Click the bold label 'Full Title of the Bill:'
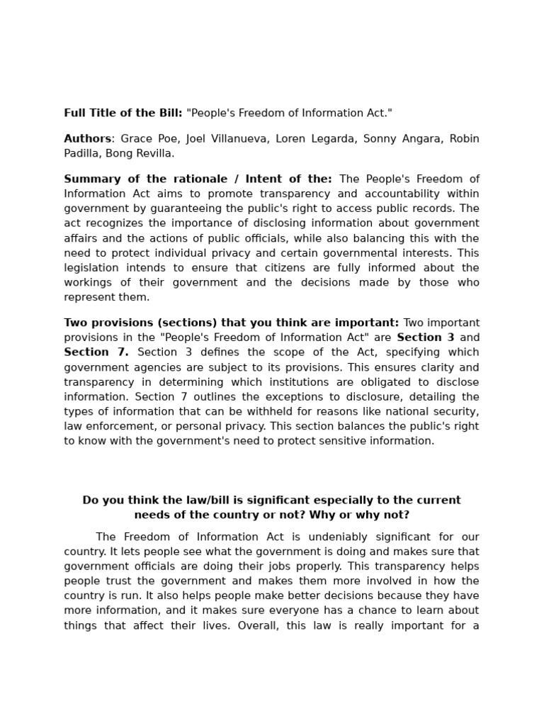123,113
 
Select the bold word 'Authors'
87,139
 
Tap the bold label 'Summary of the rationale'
144,179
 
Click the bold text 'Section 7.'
96,352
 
